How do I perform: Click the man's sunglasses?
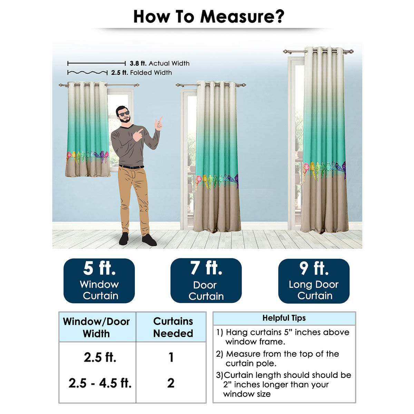point(124,114)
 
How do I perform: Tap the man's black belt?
point(131,167)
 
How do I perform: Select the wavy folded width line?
point(87,72)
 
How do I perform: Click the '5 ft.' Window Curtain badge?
point(99,281)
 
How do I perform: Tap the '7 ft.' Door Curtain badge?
point(206,280)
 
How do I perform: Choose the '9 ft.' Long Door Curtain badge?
point(314,281)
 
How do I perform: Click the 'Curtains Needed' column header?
point(173,327)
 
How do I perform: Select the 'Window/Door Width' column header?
point(97,327)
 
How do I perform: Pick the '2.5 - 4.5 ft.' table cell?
point(100,383)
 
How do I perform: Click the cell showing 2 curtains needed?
point(171,383)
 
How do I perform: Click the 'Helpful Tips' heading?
point(284,318)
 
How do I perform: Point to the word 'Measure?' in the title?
point(242,17)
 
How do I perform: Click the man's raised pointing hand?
point(159,123)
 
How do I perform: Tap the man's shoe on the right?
point(149,240)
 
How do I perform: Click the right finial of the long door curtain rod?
point(351,51)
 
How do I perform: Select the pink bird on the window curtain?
point(69,156)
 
